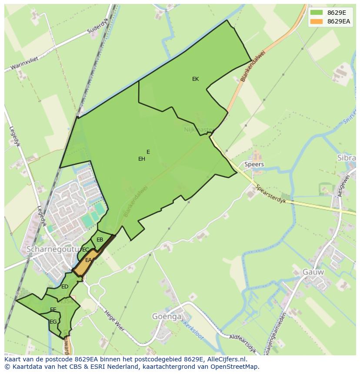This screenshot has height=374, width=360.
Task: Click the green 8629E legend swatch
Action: click(x=317, y=13)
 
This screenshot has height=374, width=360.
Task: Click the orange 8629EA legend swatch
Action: click(x=317, y=21)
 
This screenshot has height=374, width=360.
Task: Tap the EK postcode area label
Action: click(x=195, y=79)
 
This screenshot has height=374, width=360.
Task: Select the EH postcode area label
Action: click(x=141, y=159)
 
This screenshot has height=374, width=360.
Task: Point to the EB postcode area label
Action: click(x=100, y=240)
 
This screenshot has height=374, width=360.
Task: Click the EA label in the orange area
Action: click(x=88, y=260)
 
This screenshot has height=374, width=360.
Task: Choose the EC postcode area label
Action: click(x=85, y=250)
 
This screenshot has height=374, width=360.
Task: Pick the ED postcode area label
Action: click(x=64, y=287)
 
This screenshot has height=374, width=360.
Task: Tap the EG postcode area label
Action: click(x=53, y=322)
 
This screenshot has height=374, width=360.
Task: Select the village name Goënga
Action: click(x=167, y=317)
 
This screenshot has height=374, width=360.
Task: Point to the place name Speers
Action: click(x=254, y=165)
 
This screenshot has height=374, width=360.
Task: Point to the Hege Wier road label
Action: click(x=114, y=320)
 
